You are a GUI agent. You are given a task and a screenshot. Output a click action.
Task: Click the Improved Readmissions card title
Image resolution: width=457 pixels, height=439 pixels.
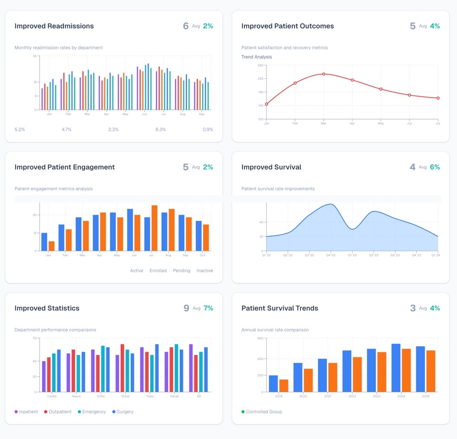click(54, 26)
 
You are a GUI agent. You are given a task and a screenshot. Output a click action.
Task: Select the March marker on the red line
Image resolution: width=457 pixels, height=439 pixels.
click(324, 74)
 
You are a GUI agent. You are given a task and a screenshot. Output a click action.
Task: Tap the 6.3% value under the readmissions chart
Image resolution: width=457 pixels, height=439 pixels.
click(161, 129)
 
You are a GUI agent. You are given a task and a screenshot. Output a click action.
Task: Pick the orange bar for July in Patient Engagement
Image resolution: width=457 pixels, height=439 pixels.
click(154, 228)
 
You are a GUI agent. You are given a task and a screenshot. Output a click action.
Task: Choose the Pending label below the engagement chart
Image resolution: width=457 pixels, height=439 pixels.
click(181, 271)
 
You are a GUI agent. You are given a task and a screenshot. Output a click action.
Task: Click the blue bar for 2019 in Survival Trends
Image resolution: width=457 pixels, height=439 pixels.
click(273, 383)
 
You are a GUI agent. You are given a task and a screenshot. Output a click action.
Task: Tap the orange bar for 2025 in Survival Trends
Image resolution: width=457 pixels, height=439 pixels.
click(431, 371)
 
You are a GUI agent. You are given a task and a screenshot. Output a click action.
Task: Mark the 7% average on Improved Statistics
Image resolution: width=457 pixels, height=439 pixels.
click(208, 308)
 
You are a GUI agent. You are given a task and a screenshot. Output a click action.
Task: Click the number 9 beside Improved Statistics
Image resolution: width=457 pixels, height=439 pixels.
click(186, 308)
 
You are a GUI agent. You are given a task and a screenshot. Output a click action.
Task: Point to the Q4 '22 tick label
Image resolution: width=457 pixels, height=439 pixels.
click(330, 255)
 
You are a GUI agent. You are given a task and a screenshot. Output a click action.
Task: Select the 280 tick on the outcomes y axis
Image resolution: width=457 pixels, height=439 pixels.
click(260, 65)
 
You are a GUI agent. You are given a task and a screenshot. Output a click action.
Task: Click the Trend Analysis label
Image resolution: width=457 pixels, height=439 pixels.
click(256, 57)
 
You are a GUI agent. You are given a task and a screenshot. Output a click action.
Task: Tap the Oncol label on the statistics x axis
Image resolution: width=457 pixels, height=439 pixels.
click(125, 396)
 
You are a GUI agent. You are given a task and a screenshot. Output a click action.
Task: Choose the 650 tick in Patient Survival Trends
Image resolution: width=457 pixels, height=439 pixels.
click(260, 339)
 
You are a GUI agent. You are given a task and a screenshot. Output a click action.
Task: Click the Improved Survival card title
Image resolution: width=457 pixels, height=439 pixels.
click(271, 167)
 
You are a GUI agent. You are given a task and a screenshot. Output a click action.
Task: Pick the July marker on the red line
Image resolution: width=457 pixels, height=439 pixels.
click(438, 98)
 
